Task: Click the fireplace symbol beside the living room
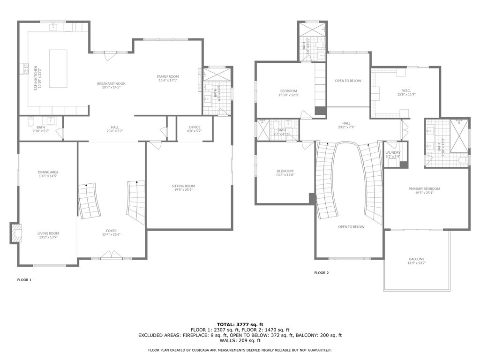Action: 16,233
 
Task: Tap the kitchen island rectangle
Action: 58,68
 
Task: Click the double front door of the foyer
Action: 112,255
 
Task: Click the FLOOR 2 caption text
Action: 321,272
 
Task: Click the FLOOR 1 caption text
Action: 24,280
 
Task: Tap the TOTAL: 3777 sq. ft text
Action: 240,324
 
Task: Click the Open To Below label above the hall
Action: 348,81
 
